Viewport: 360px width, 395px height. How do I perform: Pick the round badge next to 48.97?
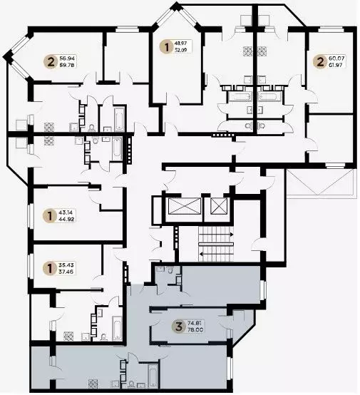pyautogui.click(x=168, y=48)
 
